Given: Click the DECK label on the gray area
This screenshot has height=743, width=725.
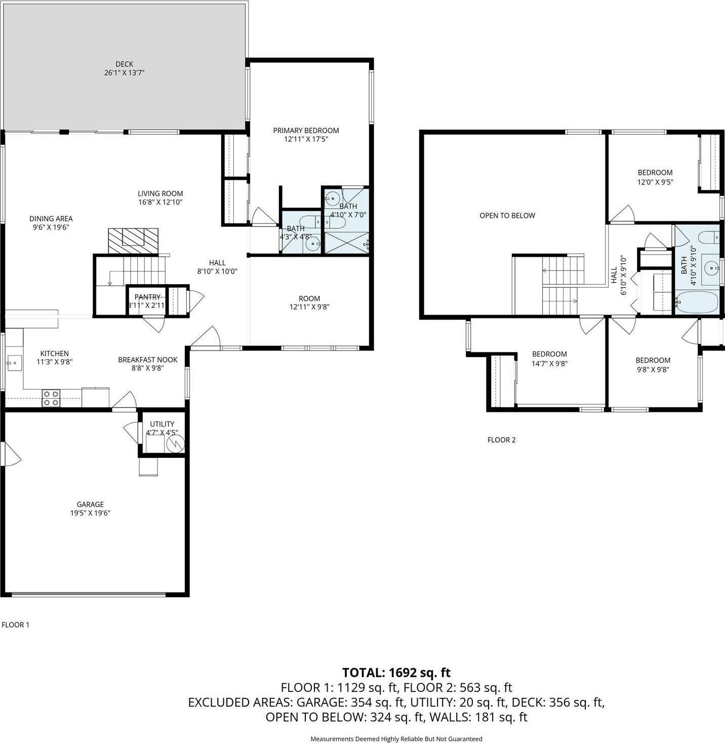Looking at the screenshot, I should tap(124, 64).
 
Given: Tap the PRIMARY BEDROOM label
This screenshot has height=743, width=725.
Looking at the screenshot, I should tap(306, 131).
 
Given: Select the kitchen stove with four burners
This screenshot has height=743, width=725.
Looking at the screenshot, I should tap(51, 398).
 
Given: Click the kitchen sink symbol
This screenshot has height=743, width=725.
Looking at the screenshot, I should tap(13, 362).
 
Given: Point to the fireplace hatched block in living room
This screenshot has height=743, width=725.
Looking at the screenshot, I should tap(133, 241).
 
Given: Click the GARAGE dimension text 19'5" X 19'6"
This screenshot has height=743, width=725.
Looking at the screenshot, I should tap(90, 513).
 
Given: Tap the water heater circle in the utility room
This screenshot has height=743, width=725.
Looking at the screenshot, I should tap(175, 444).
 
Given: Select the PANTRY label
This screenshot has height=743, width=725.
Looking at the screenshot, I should tap(147, 297).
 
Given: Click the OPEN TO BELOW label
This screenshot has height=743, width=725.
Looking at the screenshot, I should tap(507, 216).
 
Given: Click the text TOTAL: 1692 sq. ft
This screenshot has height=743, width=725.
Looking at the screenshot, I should tap(396, 673).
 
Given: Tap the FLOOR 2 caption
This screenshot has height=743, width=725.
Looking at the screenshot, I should tap(501, 440).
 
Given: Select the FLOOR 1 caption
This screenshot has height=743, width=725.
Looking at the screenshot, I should tap(15, 624).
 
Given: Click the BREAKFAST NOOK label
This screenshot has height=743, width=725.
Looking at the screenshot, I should tap(147, 360).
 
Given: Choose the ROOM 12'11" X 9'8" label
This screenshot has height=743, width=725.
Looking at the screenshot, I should tap(309, 302).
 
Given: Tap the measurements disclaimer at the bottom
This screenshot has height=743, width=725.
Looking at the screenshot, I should tap(396, 739).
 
